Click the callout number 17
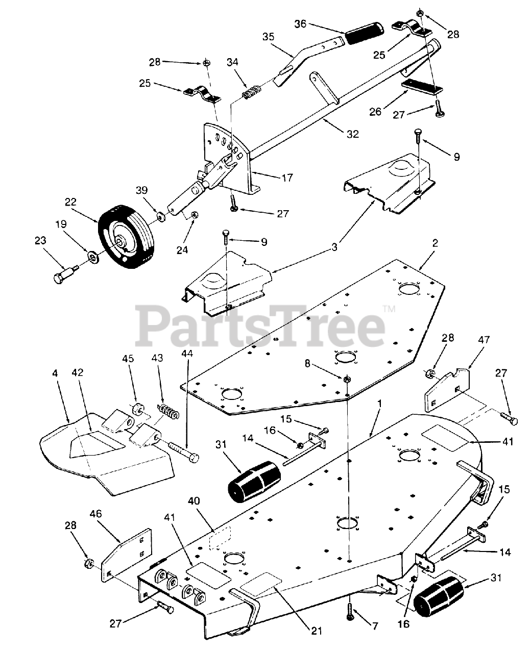coord(287,178)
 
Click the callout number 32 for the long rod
coord(352,134)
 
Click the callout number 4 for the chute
coord(55,373)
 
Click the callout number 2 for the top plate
coord(435,243)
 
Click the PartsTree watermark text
coord(260,324)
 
